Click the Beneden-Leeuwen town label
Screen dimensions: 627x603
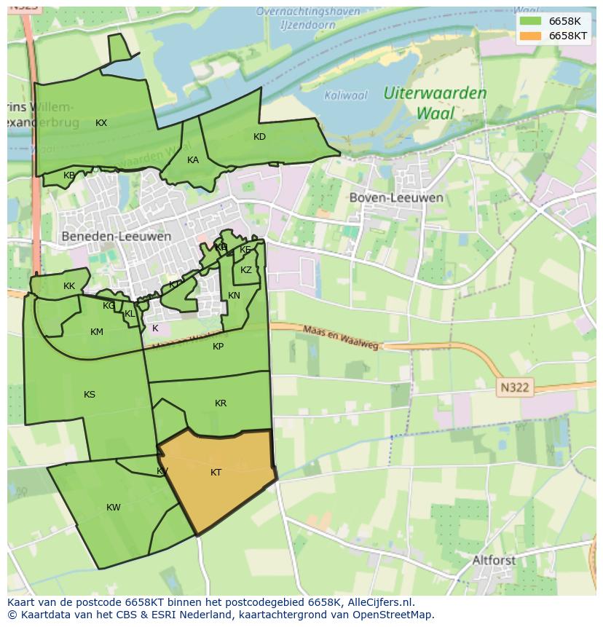coord(117,237)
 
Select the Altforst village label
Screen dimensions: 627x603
coord(494,560)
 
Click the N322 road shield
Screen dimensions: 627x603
coord(514,388)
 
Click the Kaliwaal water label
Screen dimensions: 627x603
coord(346,95)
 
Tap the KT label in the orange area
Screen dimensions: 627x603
coord(216,473)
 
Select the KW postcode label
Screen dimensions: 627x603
coord(114,508)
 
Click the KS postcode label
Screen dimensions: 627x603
coord(90,395)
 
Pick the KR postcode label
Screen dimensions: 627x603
coord(221,403)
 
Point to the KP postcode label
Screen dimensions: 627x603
coord(218,347)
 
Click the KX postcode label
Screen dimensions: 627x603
coord(101,123)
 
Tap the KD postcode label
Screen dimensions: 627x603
coord(259,137)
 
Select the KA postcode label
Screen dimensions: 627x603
coord(193,160)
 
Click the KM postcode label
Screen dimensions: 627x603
coord(97,332)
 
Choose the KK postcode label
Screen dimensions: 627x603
coord(69,286)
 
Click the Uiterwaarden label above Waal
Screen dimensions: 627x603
coord(435,93)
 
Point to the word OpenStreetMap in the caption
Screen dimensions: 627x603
coord(393,615)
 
